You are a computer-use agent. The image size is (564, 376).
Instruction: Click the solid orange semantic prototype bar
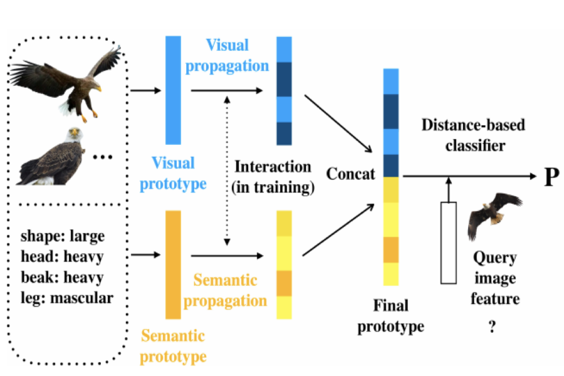click(173, 264)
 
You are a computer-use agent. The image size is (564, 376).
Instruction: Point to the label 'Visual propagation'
click(226, 55)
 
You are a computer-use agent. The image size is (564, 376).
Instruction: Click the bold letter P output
click(551, 178)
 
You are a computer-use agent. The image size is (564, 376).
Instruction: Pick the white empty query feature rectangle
click(448, 242)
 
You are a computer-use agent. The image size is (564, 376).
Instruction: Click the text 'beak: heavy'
click(61, 277)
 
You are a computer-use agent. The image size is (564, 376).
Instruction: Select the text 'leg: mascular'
click(67, 297)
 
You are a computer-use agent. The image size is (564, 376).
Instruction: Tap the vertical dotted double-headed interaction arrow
click(226, 169)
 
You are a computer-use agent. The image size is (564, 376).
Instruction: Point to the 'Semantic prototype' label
click(173, 346)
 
